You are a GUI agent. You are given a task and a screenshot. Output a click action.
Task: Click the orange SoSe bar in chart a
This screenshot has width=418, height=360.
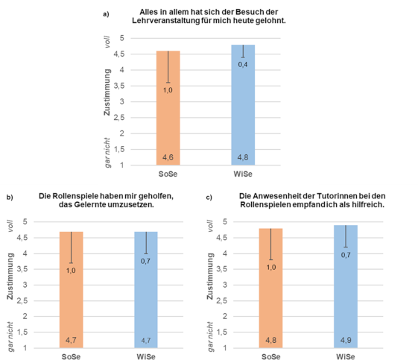168,108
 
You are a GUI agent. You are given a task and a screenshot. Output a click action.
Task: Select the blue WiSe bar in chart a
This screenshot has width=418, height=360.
243,105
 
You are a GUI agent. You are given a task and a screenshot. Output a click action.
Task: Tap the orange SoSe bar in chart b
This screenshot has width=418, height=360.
72,290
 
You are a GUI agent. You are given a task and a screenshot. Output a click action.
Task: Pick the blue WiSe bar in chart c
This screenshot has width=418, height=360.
346,287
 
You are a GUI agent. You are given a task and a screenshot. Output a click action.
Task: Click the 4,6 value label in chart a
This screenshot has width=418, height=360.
168,157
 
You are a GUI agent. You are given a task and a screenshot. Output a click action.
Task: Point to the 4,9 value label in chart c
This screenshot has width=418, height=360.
346,340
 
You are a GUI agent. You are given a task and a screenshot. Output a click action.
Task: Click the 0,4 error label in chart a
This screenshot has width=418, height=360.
243,65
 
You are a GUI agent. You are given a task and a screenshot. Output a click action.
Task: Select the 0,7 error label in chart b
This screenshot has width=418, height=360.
145,261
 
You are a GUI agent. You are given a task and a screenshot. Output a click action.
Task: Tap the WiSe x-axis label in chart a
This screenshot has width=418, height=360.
243,174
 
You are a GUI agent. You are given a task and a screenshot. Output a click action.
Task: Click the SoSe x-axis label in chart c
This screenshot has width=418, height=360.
271,356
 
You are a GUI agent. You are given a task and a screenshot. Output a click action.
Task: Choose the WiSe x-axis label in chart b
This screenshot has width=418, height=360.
146,356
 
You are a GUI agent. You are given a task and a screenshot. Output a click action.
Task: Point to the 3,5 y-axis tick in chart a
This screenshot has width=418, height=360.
119,86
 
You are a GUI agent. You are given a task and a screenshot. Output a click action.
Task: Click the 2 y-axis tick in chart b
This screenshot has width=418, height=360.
25,316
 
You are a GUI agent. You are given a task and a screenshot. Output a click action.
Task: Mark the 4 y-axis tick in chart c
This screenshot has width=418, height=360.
225,253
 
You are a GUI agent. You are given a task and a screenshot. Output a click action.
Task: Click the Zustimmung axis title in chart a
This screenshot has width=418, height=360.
107,92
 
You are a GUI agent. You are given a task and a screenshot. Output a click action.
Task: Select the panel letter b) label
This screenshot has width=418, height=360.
10,198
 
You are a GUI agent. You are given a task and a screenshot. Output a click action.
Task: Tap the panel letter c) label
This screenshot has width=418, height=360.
209,198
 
